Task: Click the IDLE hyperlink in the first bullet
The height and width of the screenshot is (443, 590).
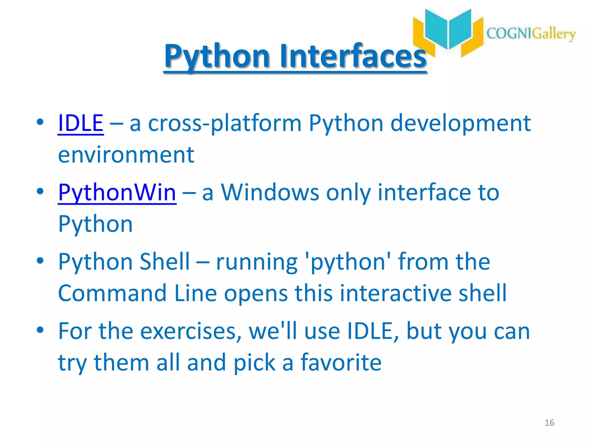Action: point(80,123)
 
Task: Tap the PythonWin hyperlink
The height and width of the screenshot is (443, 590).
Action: point(117,193)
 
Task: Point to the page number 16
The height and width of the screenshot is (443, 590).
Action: point(549,423)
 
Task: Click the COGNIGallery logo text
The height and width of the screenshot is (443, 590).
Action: point(531,34)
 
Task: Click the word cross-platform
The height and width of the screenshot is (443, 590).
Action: point(225,123)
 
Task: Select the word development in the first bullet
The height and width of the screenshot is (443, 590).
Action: point(460,123)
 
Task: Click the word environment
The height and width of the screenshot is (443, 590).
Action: point(126,155)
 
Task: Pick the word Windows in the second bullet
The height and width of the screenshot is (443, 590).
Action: point(270,193)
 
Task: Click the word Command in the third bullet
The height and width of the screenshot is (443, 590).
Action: point(112,293)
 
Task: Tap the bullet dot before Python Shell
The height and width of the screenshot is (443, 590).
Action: point(40,260)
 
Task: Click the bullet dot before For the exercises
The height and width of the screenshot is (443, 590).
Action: point(40,330)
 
